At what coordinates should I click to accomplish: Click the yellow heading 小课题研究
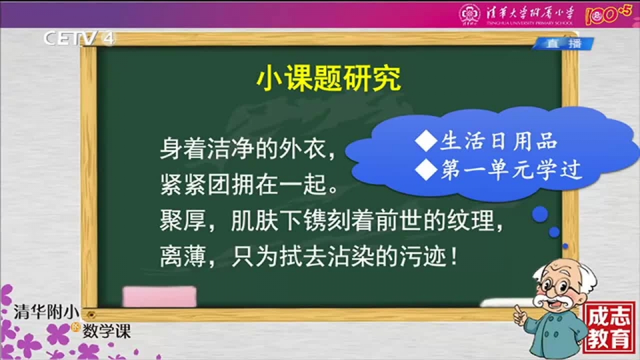pyautogui.click(x=329, y=78)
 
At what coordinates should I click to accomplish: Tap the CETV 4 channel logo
pyautogui.click(x=79, y=39)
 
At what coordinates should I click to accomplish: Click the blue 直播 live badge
pyautogui.click(x=564, y=43)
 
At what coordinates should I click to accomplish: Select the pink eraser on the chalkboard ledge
pyautogui.click(x=159, y=296)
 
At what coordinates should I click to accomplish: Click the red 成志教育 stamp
pyautogui.click(x=609, y=327)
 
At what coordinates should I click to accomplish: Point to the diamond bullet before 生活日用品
pyautogui.click(x=426, y=141)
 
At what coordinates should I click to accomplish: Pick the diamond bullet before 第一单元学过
pyautogui.click(x=426, y=169)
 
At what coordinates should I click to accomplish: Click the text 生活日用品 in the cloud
pyautogui.click(x=499, y=141)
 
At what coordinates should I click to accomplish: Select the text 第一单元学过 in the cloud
pyautogui.click(x=511, y=169)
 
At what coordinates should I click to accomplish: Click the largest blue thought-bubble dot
pyautogui.click(x=540, y=214)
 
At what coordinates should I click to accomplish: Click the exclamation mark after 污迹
pyautogui.click(x=454, y=257)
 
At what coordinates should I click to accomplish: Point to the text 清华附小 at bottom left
pyautogui.click(x=47, y=311)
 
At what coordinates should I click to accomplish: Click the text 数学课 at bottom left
pyautogui.click(x=107, y=331)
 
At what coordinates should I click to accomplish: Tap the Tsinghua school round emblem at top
pyautogui.click(x=469, y=14)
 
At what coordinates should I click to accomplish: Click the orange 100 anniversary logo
pyautogui.click(x=609, y=15)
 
